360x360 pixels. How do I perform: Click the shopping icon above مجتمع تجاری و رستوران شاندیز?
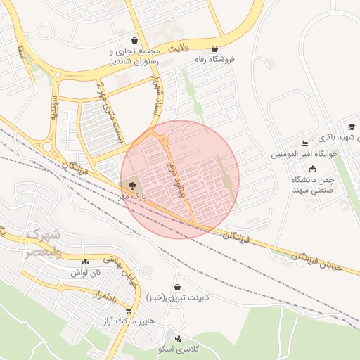(x=134, y=40)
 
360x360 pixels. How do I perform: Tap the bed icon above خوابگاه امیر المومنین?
(x=304, y=143)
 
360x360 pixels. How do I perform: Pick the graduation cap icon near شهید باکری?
(x=351, y=127)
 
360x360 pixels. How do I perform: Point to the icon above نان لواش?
(x=86, y=261)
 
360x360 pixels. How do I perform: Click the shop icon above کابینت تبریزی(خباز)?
(x=177, y=287)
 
